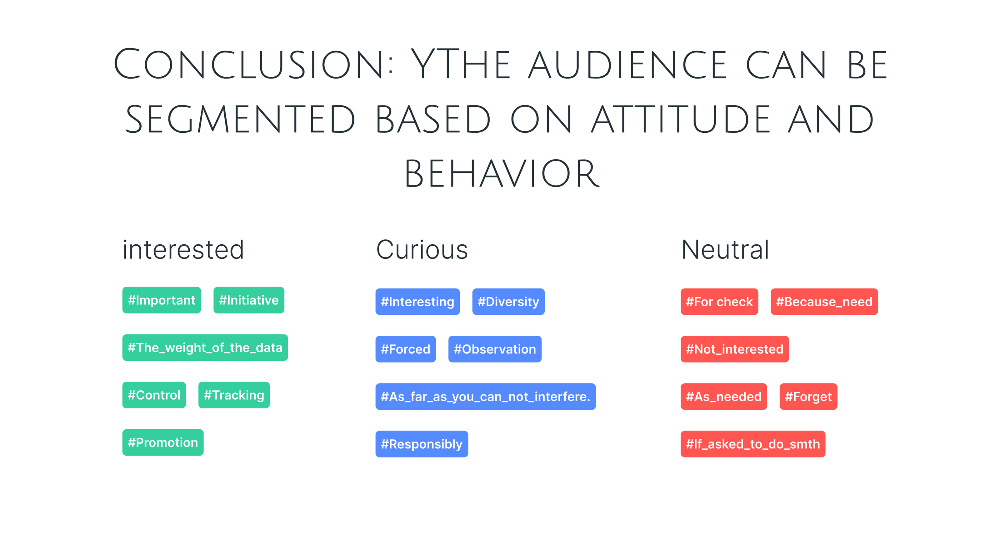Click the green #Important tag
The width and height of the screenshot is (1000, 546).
pyautogui.click(x=162, y=300)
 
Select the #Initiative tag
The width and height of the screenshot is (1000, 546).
pyautogui.click(x=249, y=300)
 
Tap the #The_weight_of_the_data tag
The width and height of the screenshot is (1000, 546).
pyautogui.click(x=205, y=347)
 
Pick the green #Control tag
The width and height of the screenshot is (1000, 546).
pyautogui.click(x=154, y=395)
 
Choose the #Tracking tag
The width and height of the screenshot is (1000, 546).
pyautogui.click(x=234, y=395)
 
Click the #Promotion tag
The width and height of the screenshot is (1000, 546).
pyautogui.click(x=163, y=442)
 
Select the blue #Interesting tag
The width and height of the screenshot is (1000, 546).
pyautogui.click(x=418, y=302)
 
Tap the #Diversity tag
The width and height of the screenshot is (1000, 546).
pyautogui.click(x=508, y=302)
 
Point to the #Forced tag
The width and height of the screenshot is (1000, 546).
pyautogui.click(x=406, y=349)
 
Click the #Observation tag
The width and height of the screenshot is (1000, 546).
pyautogui.click(x=495, y=349)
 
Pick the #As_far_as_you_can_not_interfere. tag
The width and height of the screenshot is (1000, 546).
pyautogui.click(x=486, y=396)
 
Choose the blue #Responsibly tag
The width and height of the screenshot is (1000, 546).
pyautogui.click(x=422, y=444)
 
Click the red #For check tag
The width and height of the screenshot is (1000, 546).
pyautogui.click(x=719, y=302)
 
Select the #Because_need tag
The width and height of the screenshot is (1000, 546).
pyautogui.click(x=824, y=302)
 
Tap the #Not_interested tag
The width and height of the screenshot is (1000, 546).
pyautogui.click(x=735, y=349)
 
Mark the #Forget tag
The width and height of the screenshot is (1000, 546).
pyautogui.click(x=809, y=396)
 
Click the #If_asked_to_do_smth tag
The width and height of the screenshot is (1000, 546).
pyautogui.click(x=753, y=444)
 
